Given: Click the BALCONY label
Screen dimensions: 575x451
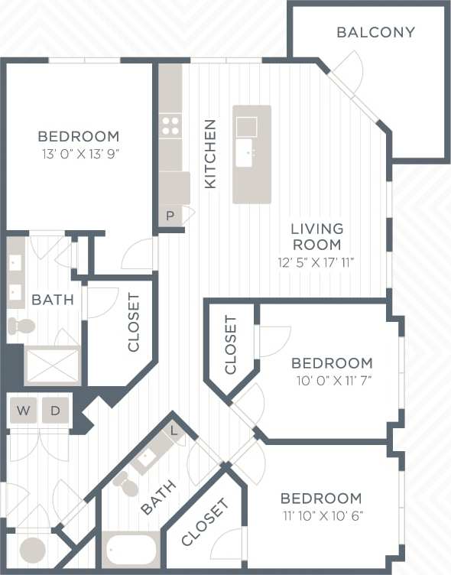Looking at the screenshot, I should tap(375, 32).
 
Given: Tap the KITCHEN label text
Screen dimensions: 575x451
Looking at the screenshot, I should tap(210, 154).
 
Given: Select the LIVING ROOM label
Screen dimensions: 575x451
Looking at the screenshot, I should tap(316, 236).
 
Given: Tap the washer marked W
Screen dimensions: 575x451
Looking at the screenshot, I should tap(24, 411).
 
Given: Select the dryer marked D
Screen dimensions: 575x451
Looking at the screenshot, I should tap(55, 411).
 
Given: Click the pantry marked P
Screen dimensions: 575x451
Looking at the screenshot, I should tap(170, 216).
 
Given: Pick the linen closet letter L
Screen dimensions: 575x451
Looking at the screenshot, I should tap(174, 430).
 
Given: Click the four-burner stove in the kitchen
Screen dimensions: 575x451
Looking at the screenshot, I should tap(170, 125).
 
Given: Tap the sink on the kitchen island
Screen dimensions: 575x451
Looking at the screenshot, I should tap(246, 152).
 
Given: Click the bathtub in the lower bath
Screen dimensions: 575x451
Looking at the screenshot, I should tap(131, 549).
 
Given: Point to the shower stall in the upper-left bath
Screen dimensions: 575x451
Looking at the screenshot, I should tap(52, 365).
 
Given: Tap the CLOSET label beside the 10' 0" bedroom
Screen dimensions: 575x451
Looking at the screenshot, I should tap(231, 345).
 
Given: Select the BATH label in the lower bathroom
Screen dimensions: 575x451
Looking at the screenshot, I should tap(158, 496).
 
